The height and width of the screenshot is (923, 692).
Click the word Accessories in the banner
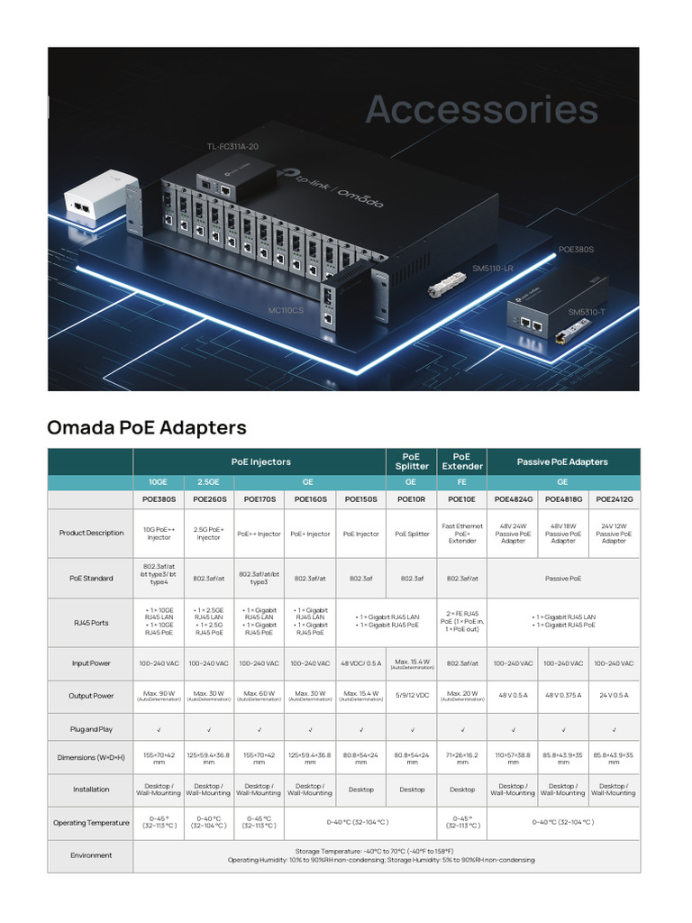click(481, 110)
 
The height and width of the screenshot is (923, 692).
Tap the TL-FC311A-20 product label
click(232, 146)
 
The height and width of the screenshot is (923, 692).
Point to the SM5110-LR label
click(493, 269)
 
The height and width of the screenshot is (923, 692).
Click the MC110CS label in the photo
click(286, 310)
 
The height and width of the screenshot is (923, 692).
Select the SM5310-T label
click(587, 312)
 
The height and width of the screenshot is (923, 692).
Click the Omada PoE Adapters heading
click(146, 426)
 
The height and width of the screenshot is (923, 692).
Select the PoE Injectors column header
click(260, 461)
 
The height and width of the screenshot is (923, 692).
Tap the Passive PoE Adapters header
click(562, 461)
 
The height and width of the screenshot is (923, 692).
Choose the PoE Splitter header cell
click(412, 461)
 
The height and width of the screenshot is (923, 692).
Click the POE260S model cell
click(209, 498)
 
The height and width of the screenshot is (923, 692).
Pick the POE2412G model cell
click(614, 498)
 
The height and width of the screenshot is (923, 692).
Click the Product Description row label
click(91, 533)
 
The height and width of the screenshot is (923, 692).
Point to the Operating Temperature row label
click(91, 823)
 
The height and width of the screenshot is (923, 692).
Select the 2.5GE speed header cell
click(209, 482)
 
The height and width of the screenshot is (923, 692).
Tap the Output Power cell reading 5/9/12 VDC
click(412, 696)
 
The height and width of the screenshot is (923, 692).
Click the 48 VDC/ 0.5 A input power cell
click(361, 663)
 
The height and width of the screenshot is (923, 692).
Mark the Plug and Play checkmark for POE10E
click(462, 728)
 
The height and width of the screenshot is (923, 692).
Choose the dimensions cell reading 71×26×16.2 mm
click(462, 757)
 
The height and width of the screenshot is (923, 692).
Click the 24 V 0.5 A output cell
click(614, 696)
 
